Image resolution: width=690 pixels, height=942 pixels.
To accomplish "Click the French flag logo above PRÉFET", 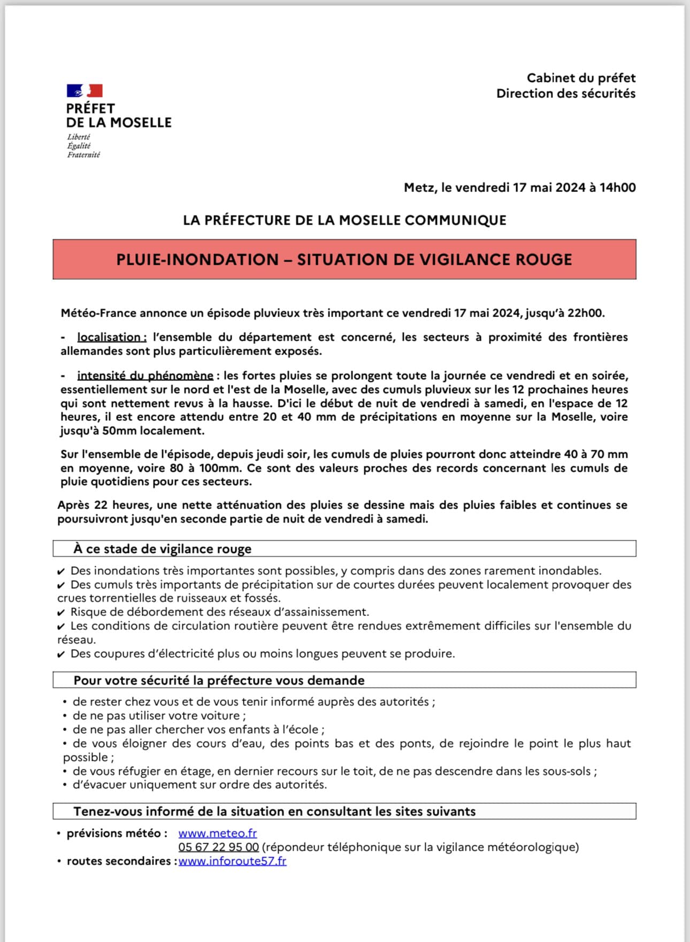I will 85,90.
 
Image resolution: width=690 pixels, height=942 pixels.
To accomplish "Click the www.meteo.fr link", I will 217,833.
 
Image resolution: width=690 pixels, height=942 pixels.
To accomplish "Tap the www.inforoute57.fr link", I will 232,861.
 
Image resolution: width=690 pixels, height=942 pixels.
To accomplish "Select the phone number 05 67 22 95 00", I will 218,847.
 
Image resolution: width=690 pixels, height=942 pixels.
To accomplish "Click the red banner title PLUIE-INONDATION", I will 344,259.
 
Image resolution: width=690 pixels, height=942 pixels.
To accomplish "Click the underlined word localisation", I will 111,337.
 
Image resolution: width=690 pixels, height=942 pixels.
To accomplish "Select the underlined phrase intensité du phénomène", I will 145,376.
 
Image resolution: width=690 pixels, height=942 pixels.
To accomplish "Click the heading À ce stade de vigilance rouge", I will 162,549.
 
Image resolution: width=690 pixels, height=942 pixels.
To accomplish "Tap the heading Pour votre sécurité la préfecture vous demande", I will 219,681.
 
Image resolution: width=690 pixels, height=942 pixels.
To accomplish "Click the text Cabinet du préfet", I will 581,78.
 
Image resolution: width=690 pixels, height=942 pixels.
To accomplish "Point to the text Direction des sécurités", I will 565,94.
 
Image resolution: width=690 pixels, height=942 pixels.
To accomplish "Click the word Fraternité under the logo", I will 83,155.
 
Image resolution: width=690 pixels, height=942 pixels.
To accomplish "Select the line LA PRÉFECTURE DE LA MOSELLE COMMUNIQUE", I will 344,220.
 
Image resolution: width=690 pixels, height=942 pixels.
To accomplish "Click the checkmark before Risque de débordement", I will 62,613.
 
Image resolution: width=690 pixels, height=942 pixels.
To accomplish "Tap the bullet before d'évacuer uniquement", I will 65,785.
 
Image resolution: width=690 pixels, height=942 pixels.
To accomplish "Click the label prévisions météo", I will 117,833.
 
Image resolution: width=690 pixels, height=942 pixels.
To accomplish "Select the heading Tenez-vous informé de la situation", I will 274,812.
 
